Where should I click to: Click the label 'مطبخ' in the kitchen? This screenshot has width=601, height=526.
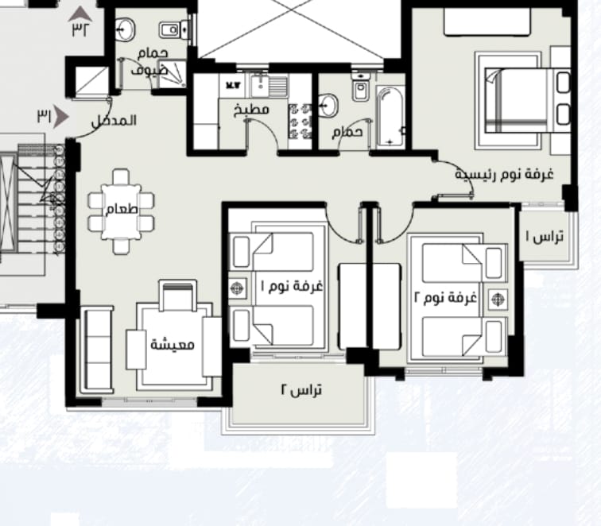coord(251,110)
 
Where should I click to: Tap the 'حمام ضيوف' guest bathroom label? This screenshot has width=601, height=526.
coord(150,61)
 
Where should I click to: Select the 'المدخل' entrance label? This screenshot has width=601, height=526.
coord(114,121)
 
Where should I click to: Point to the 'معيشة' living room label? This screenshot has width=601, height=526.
coord(173,344)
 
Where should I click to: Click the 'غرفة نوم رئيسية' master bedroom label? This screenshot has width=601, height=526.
coord(504,174)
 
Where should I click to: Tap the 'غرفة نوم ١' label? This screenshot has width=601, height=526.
coord(292,286)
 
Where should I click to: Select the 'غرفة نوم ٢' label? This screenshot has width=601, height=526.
coord(446,297)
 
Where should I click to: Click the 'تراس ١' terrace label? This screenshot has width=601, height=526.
coord(545,237)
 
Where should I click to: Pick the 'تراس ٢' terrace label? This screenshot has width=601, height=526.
coord(301,390)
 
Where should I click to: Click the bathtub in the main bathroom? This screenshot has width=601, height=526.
coord(390,117)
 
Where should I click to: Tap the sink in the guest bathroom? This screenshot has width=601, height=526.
coord(125,29)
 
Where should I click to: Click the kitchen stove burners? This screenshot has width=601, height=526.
coord(300,121)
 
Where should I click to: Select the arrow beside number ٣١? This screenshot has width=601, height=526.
coord(60,117)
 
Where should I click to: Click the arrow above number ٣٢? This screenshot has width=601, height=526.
coord(80,14)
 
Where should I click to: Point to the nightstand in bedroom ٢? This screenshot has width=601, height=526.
coord(498,300)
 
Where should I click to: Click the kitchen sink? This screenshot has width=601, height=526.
coord(269,86)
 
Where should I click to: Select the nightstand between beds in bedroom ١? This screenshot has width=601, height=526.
coord(238,288)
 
